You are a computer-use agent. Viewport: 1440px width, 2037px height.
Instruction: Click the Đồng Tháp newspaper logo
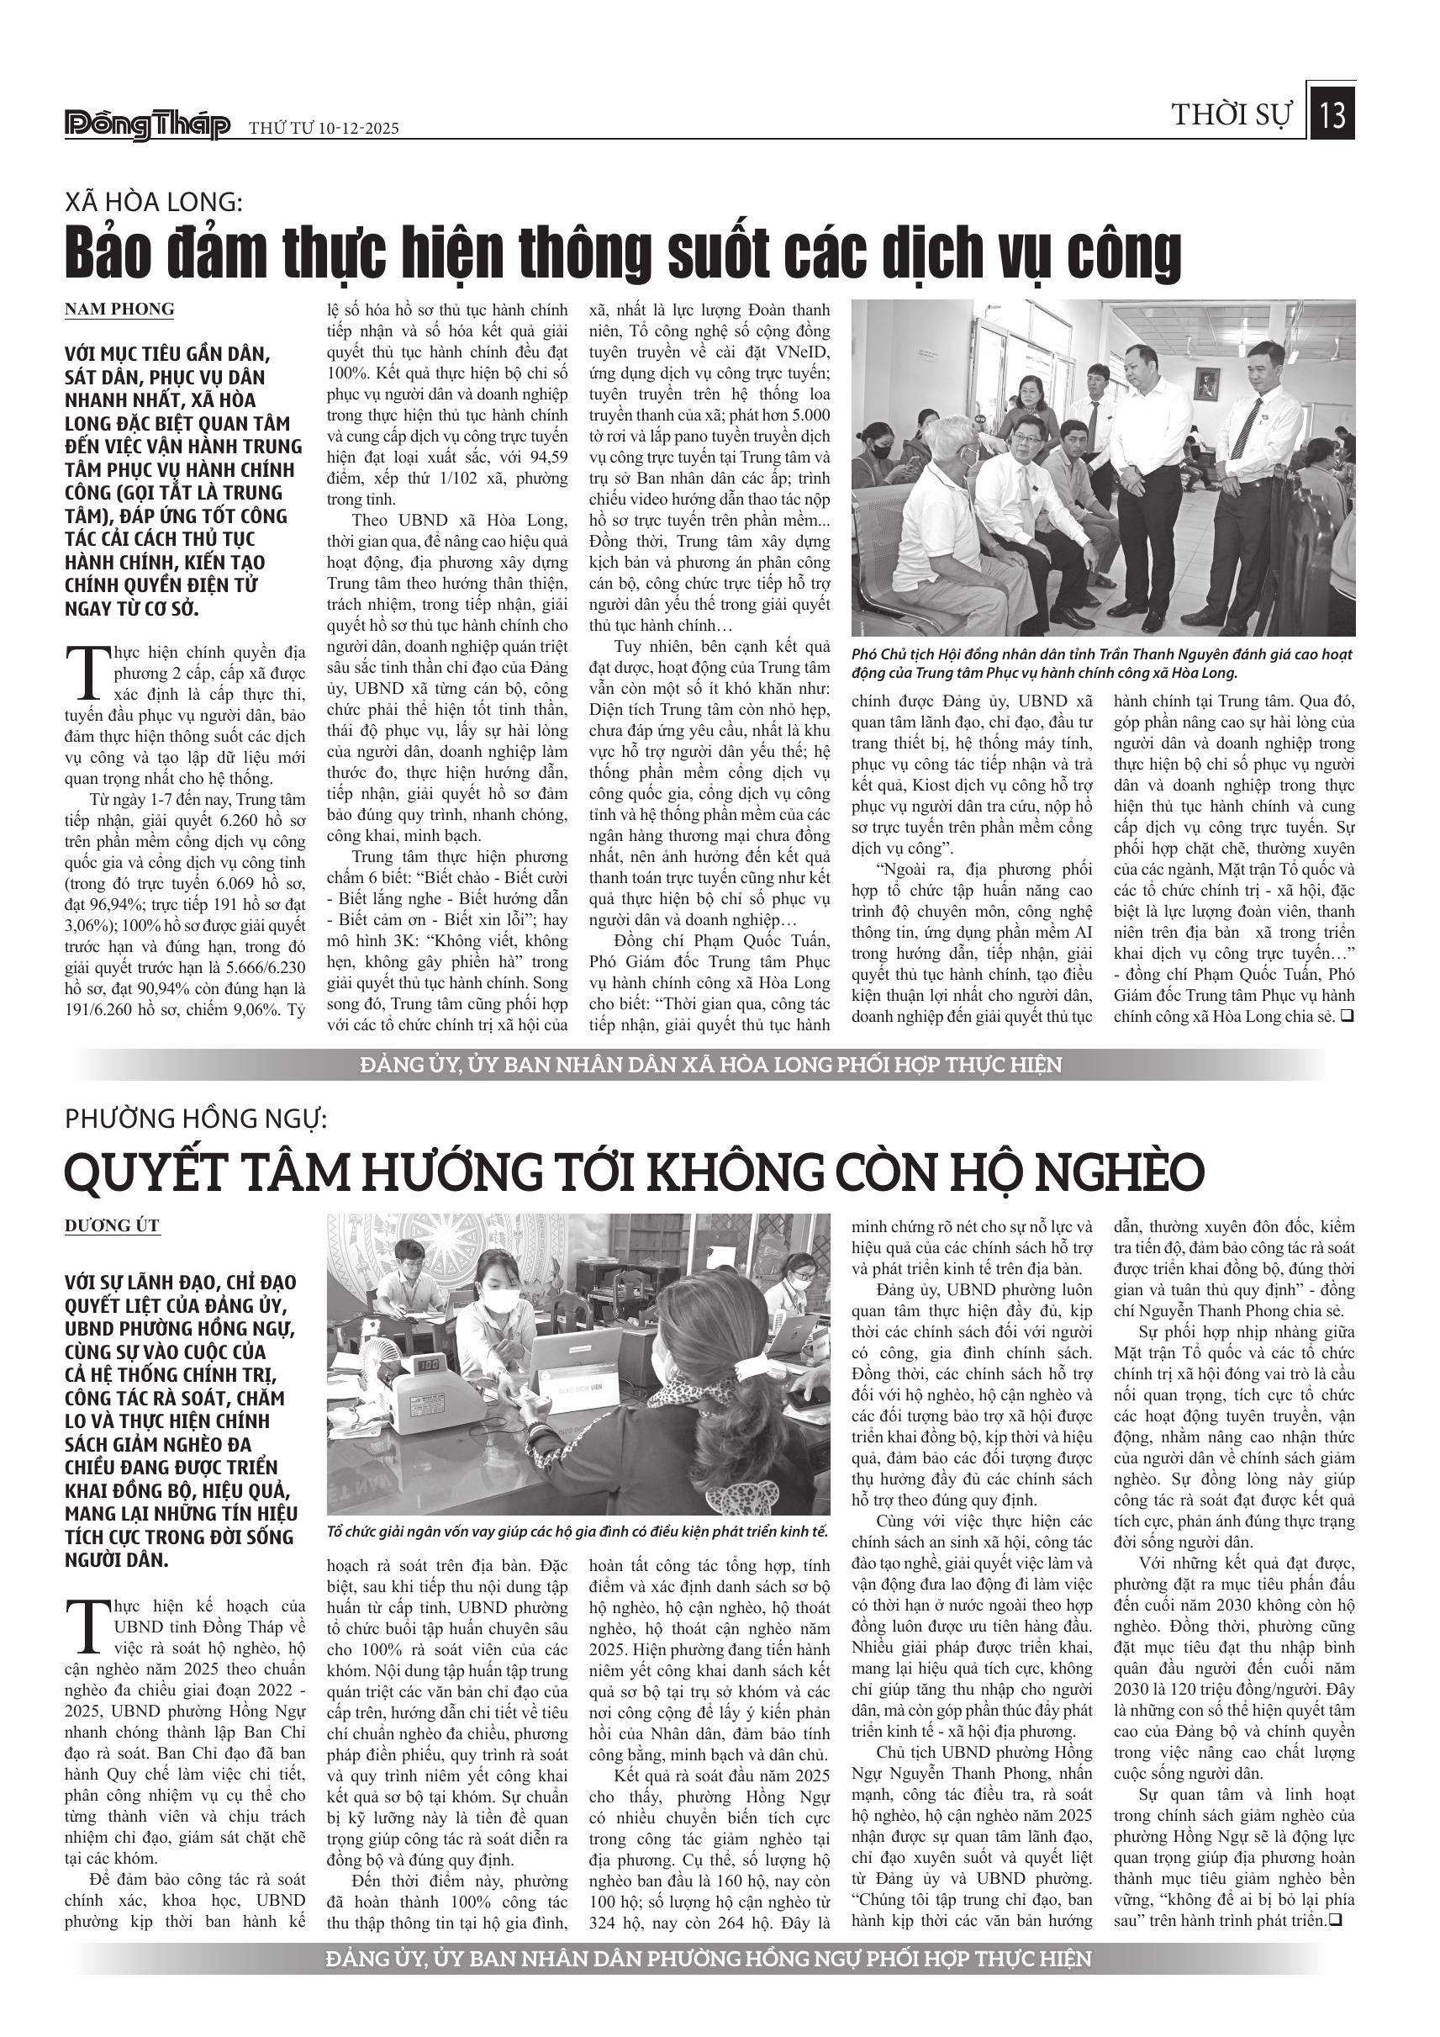point(147,126)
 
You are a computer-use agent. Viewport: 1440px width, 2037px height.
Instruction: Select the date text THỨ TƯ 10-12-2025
point(324,129)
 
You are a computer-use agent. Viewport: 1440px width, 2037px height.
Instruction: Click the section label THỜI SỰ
point(1232,115)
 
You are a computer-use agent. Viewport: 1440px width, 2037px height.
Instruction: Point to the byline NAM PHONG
point(119,310)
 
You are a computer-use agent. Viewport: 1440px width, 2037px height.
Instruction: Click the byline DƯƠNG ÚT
point(112,1226)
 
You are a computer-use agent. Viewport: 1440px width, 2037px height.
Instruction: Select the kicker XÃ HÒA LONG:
point(153,204)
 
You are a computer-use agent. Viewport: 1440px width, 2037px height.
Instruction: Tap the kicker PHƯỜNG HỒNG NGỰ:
point(196,1119)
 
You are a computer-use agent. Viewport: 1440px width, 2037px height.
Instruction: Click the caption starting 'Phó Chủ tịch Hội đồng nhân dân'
point(1101,664)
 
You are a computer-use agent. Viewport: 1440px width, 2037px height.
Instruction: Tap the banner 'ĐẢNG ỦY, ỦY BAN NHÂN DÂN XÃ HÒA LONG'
point(710,1065)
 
